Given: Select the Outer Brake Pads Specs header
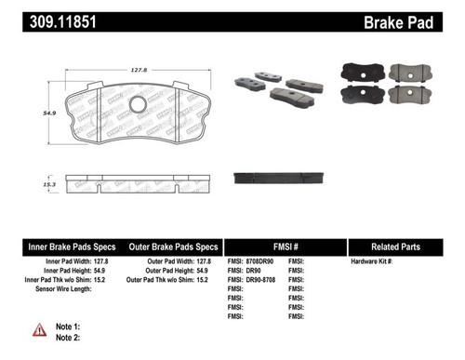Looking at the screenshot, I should click(172, 247).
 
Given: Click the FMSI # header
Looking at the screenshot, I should click(286, 247).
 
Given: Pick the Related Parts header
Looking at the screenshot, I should click(405, 247).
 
